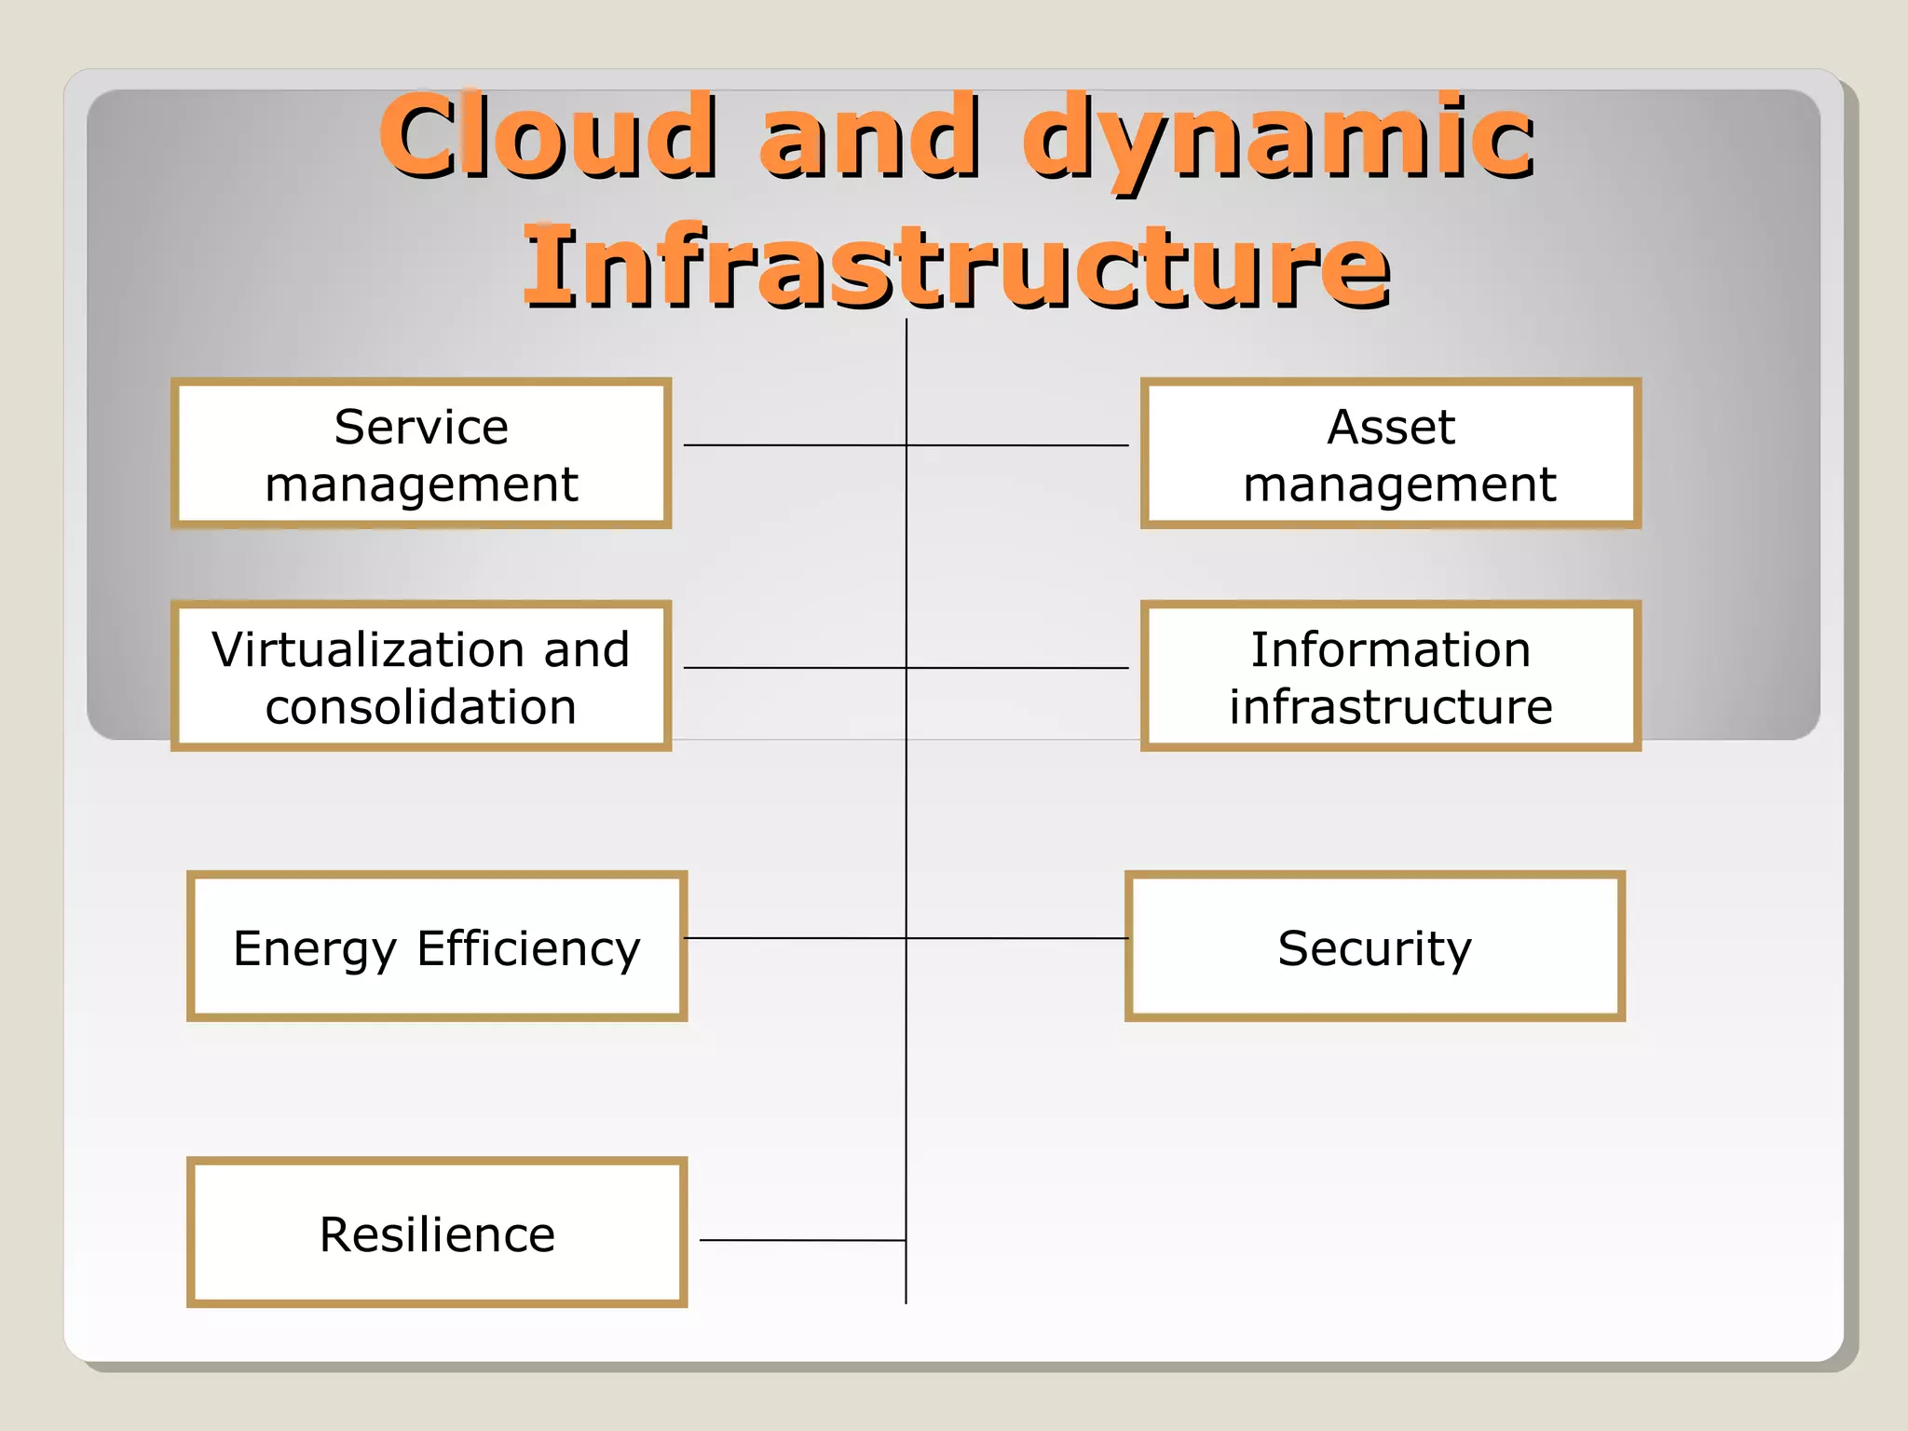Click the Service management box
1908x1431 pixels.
[421, 454]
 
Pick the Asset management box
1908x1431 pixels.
[1390, 454]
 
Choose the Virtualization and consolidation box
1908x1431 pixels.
[421, 676]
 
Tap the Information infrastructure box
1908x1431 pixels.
[1390, 676]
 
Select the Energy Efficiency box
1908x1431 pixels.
[436, 947]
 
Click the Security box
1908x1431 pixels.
[1375, 947]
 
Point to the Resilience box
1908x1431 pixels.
[436, 1233]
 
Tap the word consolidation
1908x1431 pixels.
[421, 706]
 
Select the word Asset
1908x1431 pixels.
[1390, 428]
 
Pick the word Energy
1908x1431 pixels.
[315, 949]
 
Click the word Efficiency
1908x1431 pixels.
[528, 949]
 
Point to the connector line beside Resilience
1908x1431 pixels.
[801, 1240]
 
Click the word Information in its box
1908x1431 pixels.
[1390, 649]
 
